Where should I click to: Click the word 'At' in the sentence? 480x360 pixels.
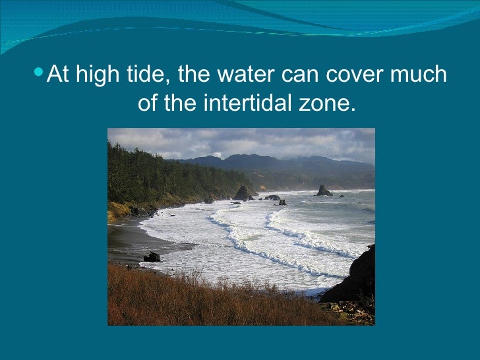[x=59, y=75]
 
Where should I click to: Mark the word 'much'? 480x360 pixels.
[x=418, y=75]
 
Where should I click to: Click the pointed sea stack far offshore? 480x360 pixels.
[x=323, y=191]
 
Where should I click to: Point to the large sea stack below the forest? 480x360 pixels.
[x=243, y=193]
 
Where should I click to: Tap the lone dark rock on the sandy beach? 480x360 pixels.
[x=152, y=256]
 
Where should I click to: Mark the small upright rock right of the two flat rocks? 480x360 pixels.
[x=282, y=202]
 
